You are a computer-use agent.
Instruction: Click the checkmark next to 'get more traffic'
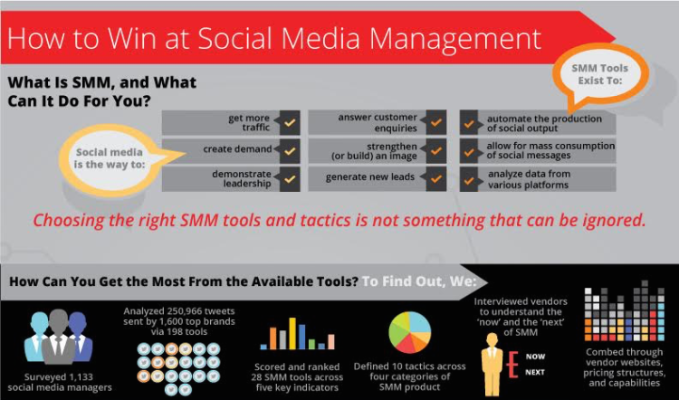pos(290,122)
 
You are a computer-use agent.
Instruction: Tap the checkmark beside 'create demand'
pos(290,150)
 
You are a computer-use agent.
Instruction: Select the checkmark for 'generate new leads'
pos(436,179)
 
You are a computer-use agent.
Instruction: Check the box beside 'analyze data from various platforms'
pos(469,179)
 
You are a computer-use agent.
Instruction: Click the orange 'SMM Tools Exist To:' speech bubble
pos(601,74)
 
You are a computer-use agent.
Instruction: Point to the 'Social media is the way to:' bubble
pos(111,158)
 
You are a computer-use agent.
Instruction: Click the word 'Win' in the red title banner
pos(132,38)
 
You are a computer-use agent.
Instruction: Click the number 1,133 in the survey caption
pos(80,377)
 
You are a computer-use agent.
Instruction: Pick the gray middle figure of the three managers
pos(59,337)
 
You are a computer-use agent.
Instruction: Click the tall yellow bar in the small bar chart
pos(292,333)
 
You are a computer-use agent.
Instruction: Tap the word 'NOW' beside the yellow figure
pos(535,357)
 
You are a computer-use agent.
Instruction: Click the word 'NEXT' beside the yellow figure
pos(535,372)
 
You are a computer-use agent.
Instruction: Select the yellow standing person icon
pos(492,365)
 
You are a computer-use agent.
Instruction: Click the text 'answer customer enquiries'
pos(378,122)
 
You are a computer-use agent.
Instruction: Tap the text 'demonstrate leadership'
pos(242,179)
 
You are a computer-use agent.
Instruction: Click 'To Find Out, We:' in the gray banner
pos(419,281)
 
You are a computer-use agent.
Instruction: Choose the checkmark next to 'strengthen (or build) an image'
pos(436,150)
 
